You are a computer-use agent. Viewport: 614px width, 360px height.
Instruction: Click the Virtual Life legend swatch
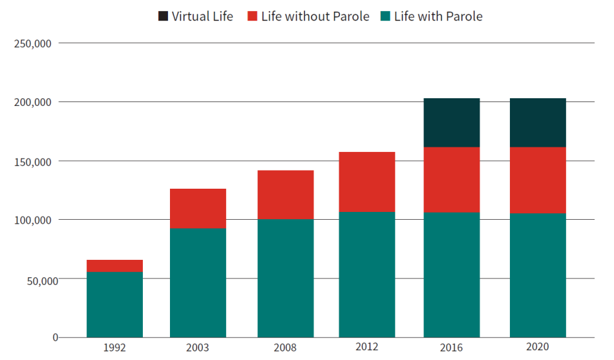164,16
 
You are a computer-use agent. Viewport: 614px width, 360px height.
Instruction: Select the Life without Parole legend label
315,16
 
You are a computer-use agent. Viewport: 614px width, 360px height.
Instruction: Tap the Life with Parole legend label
438,16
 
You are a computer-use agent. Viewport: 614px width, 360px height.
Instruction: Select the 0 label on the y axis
55,337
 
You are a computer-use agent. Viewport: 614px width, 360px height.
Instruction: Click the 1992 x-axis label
114,348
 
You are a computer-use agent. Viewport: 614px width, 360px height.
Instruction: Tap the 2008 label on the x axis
285,348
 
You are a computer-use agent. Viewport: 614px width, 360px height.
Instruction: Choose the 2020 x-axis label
537,348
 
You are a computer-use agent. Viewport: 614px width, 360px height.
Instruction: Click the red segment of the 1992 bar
114,266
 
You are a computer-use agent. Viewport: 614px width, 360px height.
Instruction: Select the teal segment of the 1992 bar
114,304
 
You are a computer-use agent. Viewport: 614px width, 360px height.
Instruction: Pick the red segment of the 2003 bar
198,209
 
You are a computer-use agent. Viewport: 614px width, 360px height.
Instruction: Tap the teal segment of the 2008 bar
285,279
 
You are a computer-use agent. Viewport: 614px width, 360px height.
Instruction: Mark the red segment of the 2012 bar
366,182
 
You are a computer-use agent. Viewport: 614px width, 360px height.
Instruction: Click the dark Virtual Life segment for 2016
451,123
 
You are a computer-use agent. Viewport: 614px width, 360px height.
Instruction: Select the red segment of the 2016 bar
451,180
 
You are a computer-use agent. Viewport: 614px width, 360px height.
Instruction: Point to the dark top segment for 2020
537,123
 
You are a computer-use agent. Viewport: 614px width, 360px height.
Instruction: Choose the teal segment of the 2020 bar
537,275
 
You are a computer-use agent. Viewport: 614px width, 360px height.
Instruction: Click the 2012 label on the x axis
366,348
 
